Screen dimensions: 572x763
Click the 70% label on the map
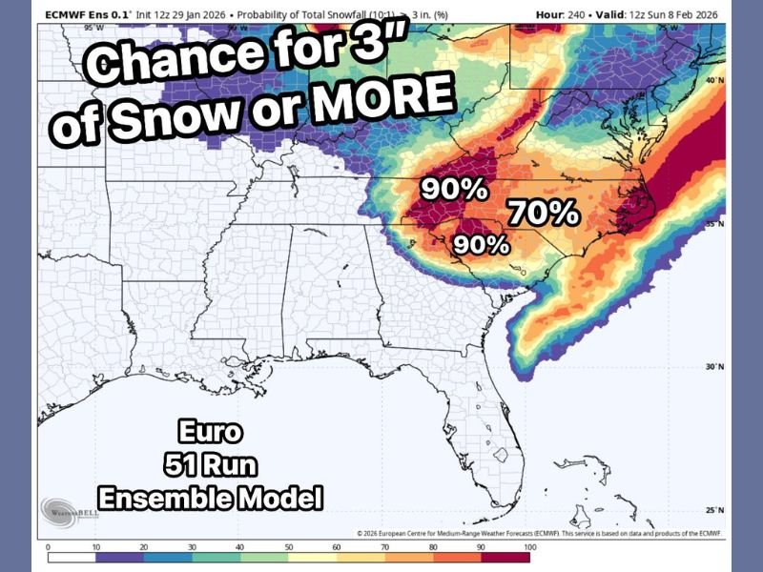coord(543,212)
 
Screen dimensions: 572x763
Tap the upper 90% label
coord(455,189)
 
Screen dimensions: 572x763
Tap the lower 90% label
coord(480,244)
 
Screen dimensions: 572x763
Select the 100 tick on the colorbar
coord(531,548)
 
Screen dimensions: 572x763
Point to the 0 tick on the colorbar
coord(48,548)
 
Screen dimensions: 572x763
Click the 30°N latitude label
coord(715,367)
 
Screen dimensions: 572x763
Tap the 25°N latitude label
coord(715,509)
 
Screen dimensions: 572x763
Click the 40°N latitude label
coord(715,81)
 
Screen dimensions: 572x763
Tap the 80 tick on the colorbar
coord(435,548)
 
